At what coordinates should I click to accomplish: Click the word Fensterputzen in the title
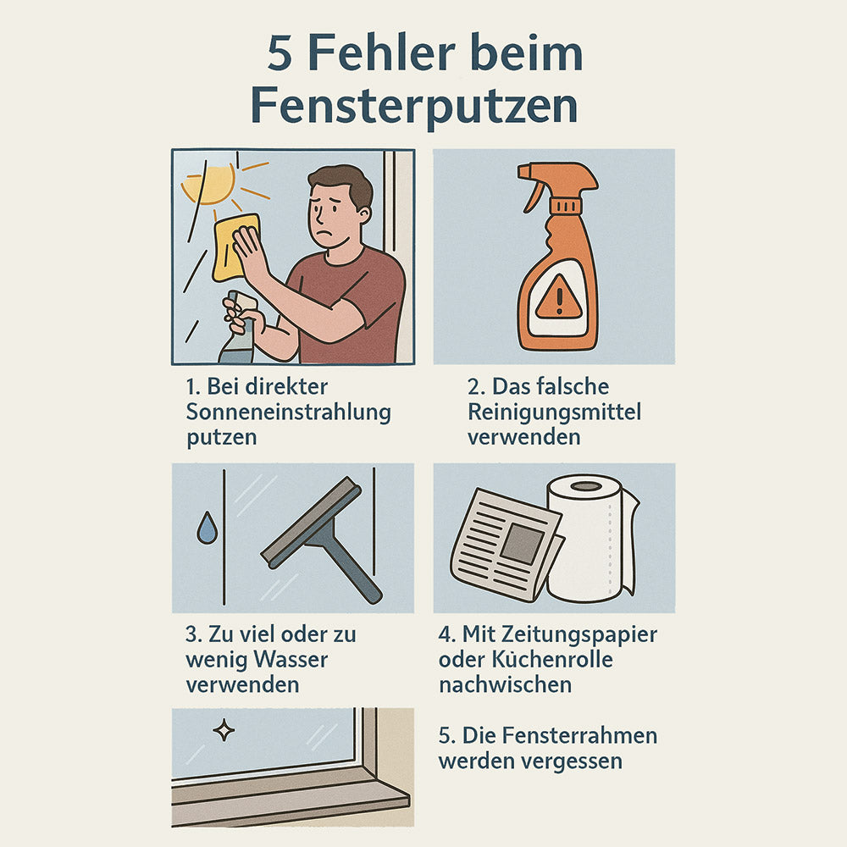(414, 107)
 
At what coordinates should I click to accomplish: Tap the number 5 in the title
(280, 53)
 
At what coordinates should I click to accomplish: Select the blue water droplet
(206, 530)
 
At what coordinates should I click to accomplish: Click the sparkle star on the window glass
(224, 730)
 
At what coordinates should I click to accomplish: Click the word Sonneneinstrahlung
(288, 412)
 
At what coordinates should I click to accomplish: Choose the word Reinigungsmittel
(554, 412)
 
